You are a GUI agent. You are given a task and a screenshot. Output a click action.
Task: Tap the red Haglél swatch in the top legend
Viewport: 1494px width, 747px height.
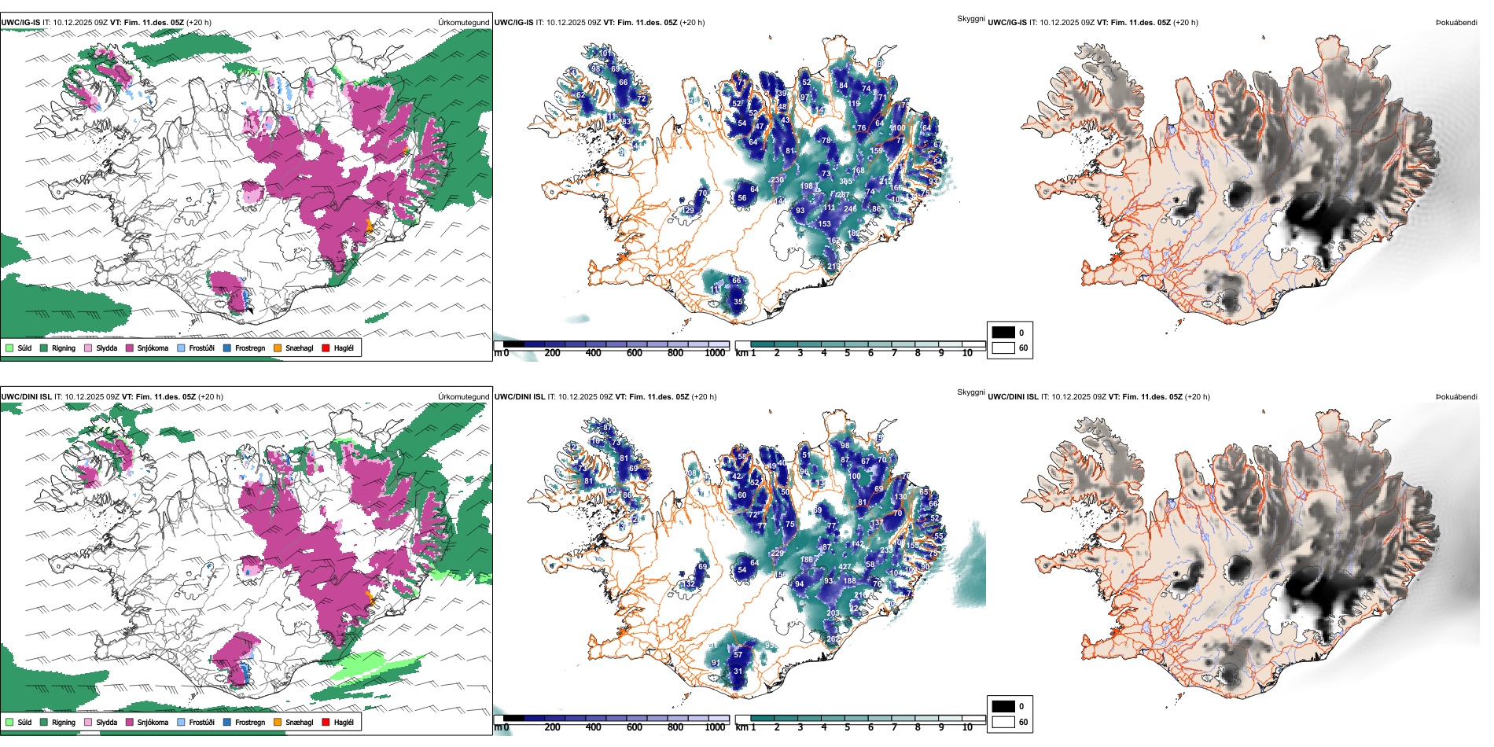[x=326, y=348]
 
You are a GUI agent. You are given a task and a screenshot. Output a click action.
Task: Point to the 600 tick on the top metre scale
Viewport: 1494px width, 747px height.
[x=635, y=353]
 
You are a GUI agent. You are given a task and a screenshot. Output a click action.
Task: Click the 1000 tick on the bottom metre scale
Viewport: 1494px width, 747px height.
[x=715, y=727]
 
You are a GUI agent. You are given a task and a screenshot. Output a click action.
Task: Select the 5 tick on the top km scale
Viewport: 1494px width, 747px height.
[x=847, y=353]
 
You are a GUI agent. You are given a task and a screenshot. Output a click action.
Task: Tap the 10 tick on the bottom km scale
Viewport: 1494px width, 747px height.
[x=967, y=727]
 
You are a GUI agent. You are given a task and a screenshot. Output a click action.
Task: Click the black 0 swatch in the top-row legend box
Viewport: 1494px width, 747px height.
[x=1003, y=333]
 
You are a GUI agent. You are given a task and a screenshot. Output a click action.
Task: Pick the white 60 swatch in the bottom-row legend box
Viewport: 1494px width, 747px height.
[x=1003, y=722]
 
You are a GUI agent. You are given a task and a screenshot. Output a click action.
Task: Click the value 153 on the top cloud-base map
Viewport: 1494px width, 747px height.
[x=824, y=224]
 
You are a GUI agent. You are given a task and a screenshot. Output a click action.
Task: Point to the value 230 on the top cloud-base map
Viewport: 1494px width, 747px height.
[x=777, y=180]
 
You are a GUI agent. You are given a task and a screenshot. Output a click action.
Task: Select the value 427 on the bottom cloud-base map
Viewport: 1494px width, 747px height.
[x=845, y=567]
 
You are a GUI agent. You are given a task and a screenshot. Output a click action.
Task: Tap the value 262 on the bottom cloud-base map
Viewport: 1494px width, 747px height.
[x=833, y=639]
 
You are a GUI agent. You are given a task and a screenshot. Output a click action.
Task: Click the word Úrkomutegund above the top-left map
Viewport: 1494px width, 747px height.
[x=464, y=23]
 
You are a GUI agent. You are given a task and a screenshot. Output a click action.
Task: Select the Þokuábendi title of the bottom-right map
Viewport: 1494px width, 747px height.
[x=1456, y=397]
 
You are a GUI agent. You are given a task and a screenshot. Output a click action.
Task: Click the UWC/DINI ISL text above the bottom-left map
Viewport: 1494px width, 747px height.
[x=26, y=397]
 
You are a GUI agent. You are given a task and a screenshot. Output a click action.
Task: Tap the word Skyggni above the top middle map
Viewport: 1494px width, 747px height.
[x=970, y=18]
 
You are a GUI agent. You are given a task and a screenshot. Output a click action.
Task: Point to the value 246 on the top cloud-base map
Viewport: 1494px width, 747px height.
[x=850, y=209]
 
